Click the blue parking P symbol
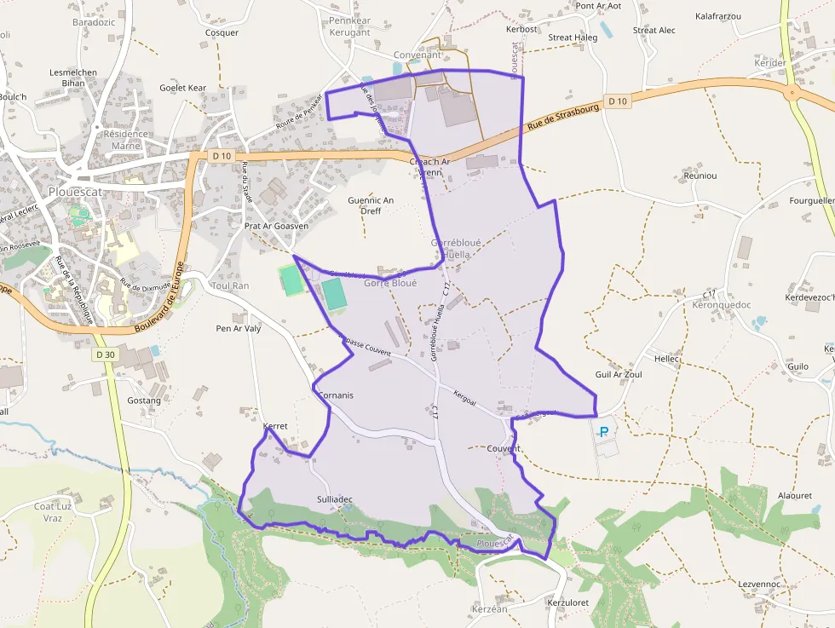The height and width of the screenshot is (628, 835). tap(604, 431)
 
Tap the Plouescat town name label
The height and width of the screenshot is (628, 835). tap(76, 191)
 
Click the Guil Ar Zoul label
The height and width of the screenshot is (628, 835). tap(619, 374)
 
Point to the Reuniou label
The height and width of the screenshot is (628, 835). tap(700, 176)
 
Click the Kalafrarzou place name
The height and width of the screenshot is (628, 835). tap(717, 16)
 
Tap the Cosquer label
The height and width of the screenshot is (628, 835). tap(222, 32)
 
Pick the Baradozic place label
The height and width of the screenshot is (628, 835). tap(94, 22)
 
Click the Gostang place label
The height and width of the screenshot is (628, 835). tap(144, 400)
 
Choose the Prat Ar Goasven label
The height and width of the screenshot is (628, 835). tap(276, 227)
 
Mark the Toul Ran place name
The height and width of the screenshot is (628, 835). tap(230, 285)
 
